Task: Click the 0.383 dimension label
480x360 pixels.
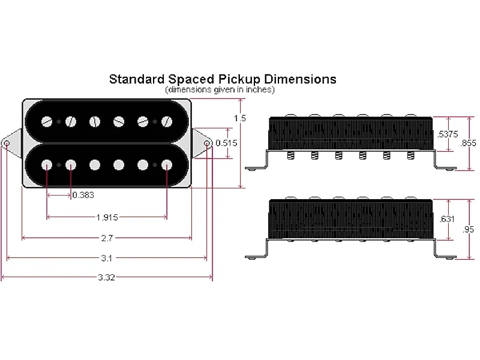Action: coord(83,195)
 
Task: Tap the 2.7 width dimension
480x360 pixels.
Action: coord(107,238)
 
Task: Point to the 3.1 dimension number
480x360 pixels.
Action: coord(107,258)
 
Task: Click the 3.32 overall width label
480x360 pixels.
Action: coord(107,278)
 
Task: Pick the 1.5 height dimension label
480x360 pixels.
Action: coord(240,119)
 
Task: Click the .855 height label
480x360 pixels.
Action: coord(468,143)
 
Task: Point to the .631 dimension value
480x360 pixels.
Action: coord(447,220)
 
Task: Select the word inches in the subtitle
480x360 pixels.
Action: coord(257,89)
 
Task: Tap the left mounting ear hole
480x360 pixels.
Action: coord(7,144)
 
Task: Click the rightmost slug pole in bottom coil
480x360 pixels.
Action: coord(166,164)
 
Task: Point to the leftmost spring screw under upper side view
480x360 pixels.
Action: coord(290,156)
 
